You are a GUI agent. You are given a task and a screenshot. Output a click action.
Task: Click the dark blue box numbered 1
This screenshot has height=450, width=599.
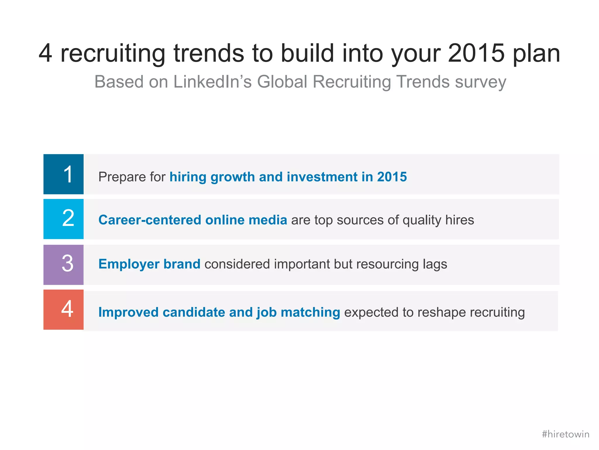point(63,174)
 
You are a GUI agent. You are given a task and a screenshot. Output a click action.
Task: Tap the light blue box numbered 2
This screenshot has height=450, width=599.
point(63,219)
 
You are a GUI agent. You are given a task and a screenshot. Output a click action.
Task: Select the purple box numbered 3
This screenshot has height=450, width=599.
point(63,264)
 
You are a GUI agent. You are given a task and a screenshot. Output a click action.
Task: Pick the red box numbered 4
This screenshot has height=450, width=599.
point(63,310)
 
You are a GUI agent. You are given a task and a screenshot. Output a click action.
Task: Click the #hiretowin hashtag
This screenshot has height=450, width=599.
point(565,434)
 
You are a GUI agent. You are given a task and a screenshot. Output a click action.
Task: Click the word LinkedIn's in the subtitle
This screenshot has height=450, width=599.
point(213,82)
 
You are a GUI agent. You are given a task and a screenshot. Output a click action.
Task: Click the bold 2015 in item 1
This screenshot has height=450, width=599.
point(392,177)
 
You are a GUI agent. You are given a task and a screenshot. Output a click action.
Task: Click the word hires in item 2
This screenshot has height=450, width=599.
point(459,220)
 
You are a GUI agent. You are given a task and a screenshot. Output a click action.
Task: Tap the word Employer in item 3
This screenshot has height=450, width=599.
point(129,264)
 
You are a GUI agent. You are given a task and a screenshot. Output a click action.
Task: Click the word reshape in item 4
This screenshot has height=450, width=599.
point(442,312)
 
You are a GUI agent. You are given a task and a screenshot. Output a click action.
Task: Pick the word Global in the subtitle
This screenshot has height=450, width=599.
point(282,82)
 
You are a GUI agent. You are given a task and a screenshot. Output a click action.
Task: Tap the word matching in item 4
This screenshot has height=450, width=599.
point(310,312)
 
